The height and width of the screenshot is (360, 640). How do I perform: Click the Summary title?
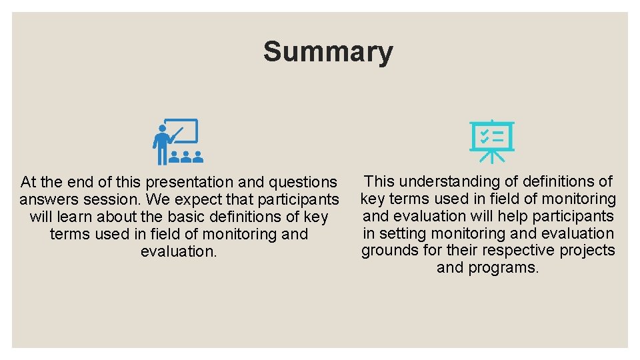327,51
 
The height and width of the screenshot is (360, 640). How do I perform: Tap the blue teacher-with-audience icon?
177,141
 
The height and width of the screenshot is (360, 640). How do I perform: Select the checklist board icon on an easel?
491,141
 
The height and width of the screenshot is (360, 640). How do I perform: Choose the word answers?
47,199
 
